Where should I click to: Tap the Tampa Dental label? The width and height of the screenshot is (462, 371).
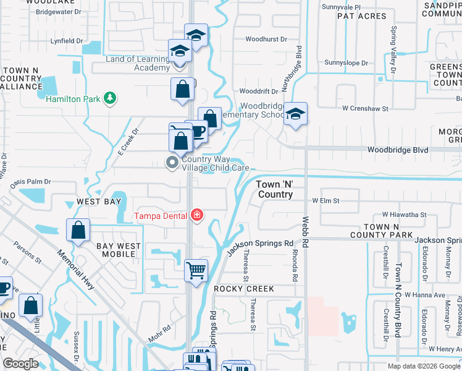tap(162, 216)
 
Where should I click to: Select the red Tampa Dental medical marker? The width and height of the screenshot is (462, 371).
tap(197, 215)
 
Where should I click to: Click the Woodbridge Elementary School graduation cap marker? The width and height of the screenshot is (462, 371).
tap(296, 114)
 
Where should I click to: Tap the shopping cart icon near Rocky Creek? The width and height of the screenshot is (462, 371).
tap(196, 270)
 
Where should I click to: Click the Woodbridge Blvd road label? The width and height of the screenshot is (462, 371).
tap(397, 150)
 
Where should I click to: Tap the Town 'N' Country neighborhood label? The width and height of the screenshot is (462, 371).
tap(275, 189)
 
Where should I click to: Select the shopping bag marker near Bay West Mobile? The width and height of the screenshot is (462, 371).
tap(79, 231)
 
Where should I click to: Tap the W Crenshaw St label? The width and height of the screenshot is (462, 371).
tap(365, 108)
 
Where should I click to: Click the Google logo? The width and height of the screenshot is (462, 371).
tap(21, 364)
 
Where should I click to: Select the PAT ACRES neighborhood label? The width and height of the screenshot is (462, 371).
tap(362, 16)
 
